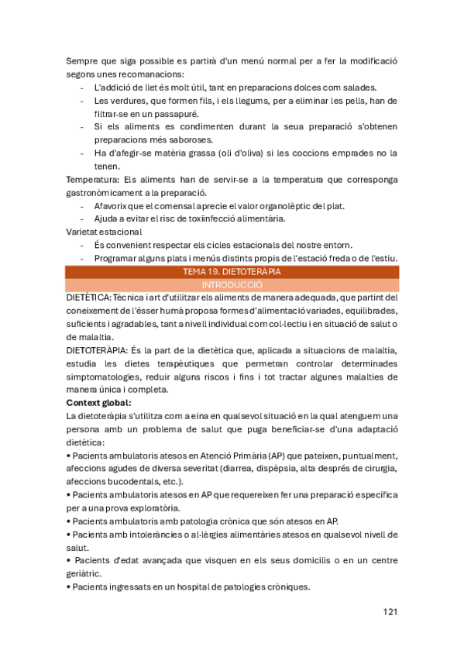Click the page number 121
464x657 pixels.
click(x=390, y=612)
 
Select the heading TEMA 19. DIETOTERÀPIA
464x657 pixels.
click(x=232, y=272)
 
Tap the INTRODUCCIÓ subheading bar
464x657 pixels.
click(x=232, y=284)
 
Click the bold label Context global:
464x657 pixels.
click(x=98, y=403)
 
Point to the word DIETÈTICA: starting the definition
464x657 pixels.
click(x=88, y=298)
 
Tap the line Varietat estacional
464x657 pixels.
click(x=108, y=232)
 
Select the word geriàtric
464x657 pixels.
click(x=87, y=574)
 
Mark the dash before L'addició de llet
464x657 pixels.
click(x=82, y=87)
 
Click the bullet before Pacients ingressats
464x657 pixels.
click(x=68, y=587)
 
